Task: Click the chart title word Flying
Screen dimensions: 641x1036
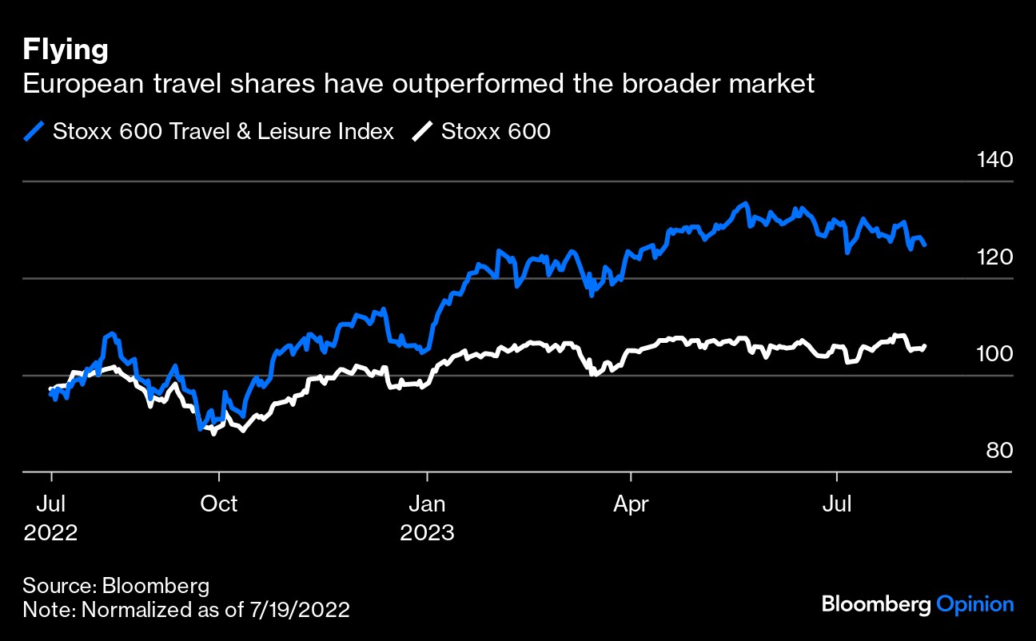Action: tap(66, 50)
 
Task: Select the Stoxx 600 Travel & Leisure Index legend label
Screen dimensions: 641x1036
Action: tap(223, 131)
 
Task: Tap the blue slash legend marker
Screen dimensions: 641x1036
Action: tap(34, 131)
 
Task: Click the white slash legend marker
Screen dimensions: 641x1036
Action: tap(424, 131)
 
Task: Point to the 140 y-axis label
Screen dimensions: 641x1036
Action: tap(994, 160)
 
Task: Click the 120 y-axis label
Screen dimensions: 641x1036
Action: tap(994, 257)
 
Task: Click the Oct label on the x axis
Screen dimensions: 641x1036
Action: tap(218, 504)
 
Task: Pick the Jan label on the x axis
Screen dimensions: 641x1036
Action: tap(428, 504)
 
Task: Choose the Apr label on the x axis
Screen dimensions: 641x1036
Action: tap(632, 504)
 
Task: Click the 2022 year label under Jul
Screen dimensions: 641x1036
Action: tap(50, 532)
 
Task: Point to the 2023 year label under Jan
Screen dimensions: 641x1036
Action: tap(428, 532)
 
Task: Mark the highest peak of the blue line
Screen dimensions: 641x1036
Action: tap(745, 204)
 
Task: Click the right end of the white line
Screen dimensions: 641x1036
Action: tap(925, 346)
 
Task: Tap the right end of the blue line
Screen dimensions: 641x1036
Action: tap(925, 245)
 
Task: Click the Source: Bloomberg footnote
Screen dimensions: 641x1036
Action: tap(116, 585)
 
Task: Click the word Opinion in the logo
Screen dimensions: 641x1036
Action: tap(974, 605)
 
